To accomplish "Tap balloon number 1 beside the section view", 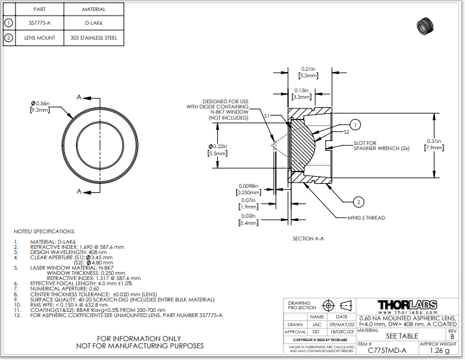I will [x=355, y=124].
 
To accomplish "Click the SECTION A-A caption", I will [x=308, y=238].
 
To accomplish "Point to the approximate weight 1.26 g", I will [x=440, y=350].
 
